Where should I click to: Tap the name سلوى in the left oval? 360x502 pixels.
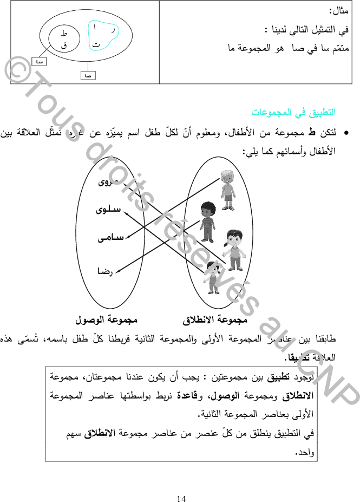(108, 209)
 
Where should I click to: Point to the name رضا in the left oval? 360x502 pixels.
(105, 270)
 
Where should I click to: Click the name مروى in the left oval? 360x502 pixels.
(108, 182)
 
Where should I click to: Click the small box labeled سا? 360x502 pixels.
(38, 62)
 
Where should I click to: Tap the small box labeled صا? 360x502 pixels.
(87, 75)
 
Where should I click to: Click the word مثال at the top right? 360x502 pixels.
(338, 10)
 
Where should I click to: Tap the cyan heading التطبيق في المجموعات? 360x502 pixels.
(293, 113)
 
